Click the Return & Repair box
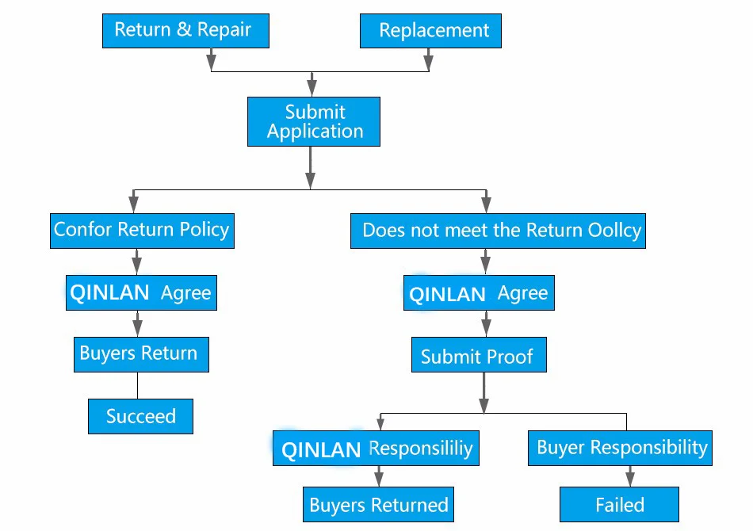185,31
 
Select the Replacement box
430,31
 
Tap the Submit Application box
314,121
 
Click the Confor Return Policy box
142,231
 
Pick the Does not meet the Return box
498,231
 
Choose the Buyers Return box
141,354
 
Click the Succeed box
141,416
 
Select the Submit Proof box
479,354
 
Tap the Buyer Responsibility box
620,448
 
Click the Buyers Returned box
378,504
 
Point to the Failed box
619,504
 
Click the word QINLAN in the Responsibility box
321,450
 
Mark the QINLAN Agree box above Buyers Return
141,293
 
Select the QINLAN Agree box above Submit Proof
479,293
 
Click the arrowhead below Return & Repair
211,62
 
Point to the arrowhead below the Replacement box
428,62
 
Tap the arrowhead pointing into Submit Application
312,88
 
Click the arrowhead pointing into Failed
630,479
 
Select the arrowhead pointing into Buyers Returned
379,479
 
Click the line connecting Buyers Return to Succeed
137,385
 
